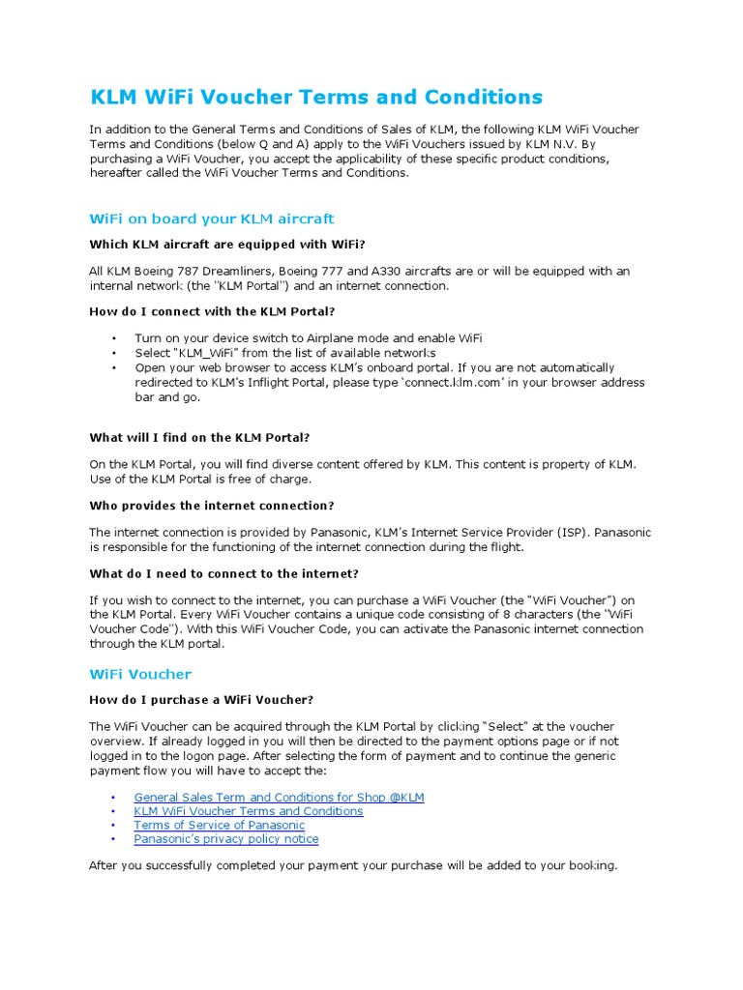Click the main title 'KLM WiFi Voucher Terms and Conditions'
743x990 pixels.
[315, 97]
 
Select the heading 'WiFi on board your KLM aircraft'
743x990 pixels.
[211, 219]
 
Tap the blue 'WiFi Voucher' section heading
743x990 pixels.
[140, 674]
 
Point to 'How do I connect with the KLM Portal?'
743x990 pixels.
[212, 311]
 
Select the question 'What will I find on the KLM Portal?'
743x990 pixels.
[199, 438]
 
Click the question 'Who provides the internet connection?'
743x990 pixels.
[212, 506]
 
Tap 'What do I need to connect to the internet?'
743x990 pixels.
[223, 573]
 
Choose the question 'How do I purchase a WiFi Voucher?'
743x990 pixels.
[201, 700]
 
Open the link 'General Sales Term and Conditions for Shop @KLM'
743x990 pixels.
[279, 798]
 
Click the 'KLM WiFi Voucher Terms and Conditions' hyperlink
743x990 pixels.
[249, 811]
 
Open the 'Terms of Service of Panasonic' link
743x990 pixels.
[219, 826]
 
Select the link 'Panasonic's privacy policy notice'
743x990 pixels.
[225, 839]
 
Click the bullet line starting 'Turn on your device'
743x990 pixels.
[308, 338]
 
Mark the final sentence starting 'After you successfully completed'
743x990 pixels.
[352, 865]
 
